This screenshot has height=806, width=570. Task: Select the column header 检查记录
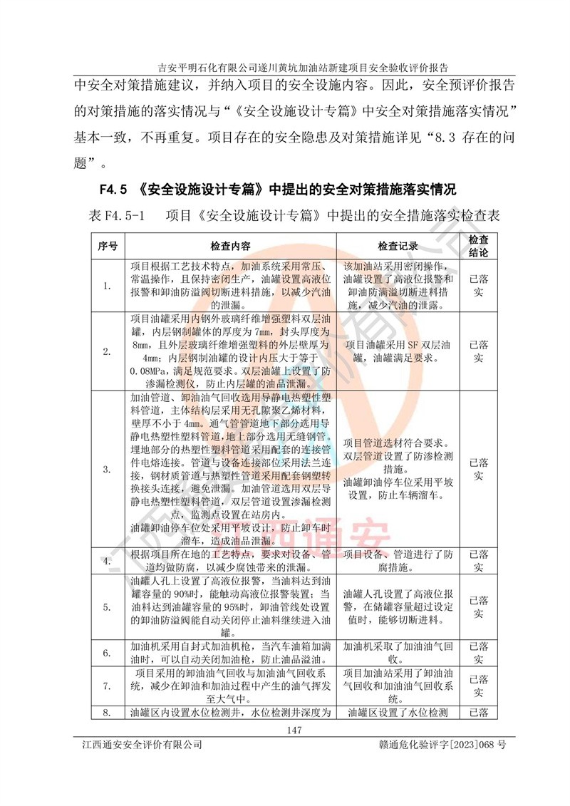coord(398,246)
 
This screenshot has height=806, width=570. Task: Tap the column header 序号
coord(107,246)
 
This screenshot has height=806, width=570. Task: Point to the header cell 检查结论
coord(479,246)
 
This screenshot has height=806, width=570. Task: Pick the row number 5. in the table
coord(107,606)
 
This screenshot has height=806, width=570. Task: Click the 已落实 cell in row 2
coord(479,351)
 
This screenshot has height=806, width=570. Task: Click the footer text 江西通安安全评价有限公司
coord(142,745)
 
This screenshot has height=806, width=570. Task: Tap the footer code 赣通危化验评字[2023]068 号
coord(442,745)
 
